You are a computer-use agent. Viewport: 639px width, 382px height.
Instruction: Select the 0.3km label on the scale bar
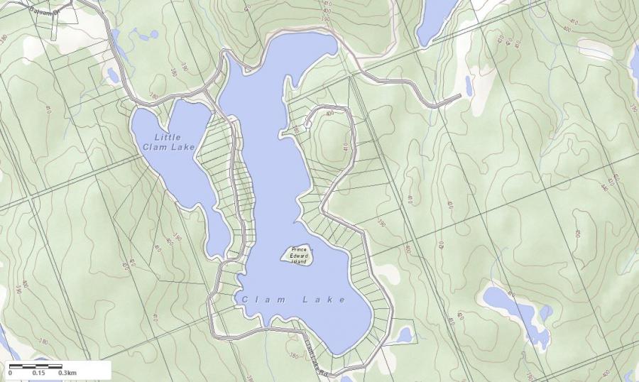pos(67,373)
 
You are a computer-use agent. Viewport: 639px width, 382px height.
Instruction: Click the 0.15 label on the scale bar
pos(38,373)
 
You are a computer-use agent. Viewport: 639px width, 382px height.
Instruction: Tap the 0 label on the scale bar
pos(10,373)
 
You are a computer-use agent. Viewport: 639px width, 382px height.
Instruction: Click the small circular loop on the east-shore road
pos(307,124)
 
